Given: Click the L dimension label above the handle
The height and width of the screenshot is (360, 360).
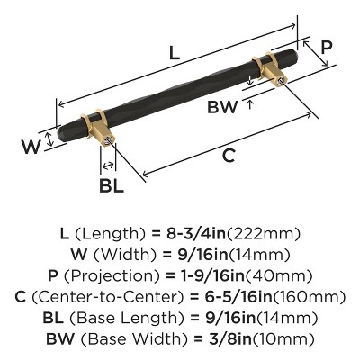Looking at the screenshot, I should (x=174, y=53).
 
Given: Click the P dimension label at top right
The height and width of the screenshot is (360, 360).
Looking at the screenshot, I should (x=327, y=47).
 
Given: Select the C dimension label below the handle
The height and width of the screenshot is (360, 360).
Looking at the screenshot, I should (x=229, y=156).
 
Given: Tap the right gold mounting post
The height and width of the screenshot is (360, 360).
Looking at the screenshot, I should (x=268, y=71).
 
